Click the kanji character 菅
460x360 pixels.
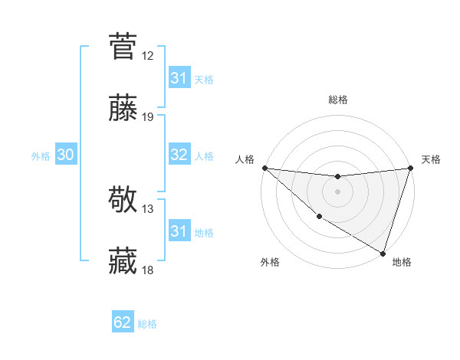[123, 46]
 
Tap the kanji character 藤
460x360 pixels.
[123, 109]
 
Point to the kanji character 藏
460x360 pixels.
[123, 262]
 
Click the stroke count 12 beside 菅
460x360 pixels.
[148, 56]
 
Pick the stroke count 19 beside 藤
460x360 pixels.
[148, 118]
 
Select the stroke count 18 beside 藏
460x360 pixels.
[148, 271]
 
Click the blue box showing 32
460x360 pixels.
[179, 155]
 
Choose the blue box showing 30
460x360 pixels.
[65, 155]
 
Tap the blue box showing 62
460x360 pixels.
[123, 323]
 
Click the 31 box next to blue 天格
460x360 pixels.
[179, 79]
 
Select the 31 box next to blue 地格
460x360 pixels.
[179, 231]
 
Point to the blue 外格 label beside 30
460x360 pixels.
[41, 156]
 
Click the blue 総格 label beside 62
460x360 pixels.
[147, 324]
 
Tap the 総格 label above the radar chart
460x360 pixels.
[337, 100]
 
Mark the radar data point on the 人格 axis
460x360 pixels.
[264, 168]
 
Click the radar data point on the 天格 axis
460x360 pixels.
[411, 168]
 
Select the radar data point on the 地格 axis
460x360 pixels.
[383, 253]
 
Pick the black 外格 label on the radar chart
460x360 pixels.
[270, 263]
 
